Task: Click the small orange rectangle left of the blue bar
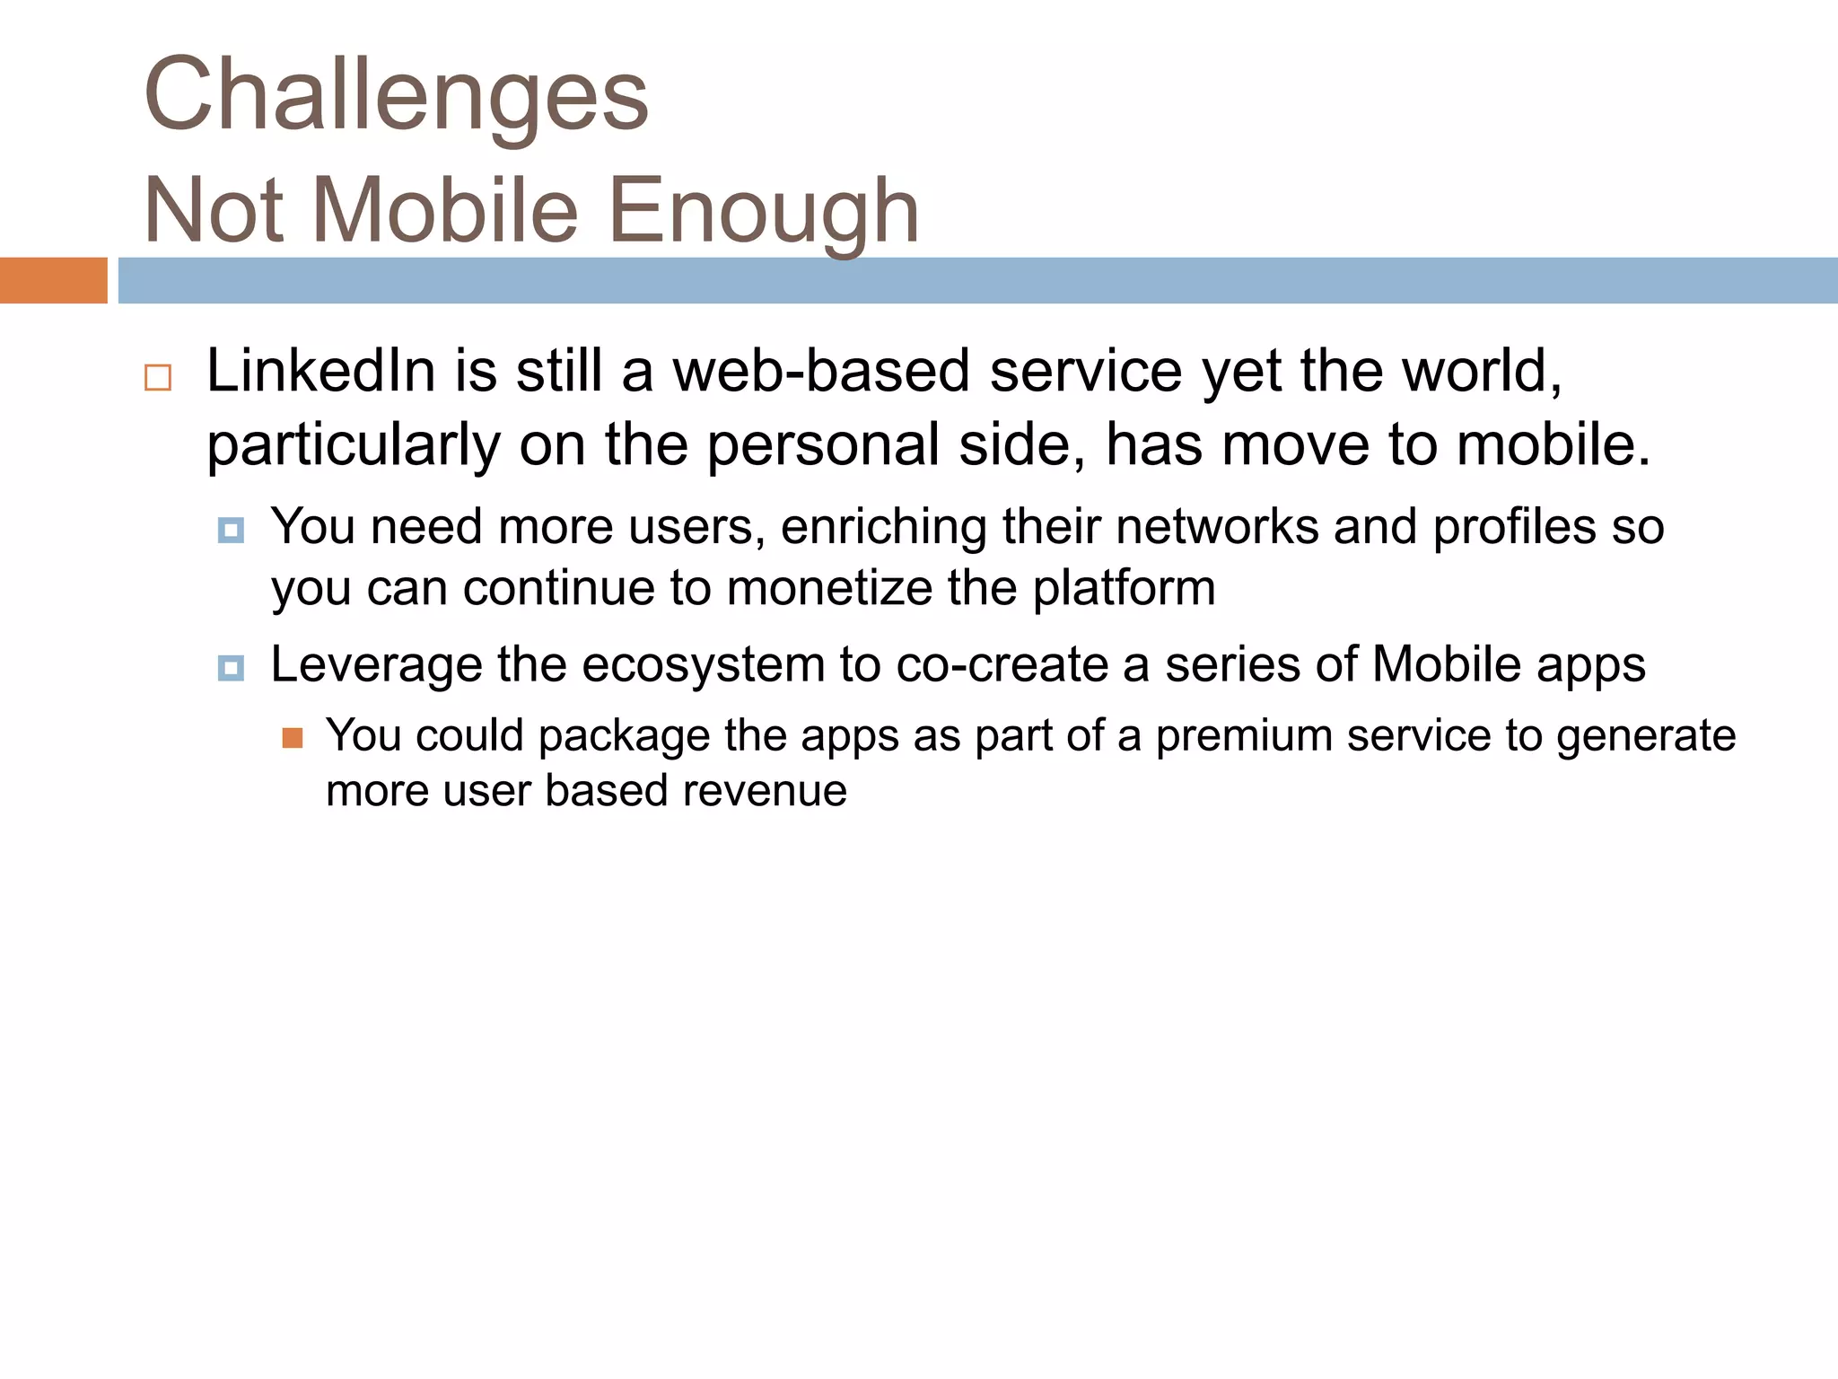(x=53, y=280)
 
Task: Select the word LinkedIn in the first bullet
(x=320, y=371)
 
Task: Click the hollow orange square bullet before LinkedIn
(x=158, y=377)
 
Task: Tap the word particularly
(x=353, y=445)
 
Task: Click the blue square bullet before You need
(x=231, y=531)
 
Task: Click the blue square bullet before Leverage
(x=231, y=668)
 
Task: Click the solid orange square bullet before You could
(x=293, y=738)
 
